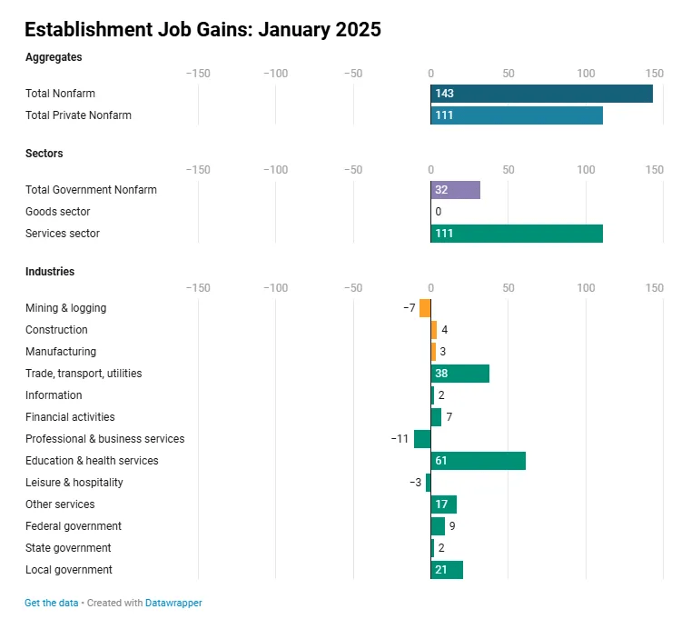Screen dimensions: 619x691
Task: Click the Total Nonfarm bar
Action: pos(541,94)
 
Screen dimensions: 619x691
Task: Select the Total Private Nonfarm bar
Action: pos(517,115)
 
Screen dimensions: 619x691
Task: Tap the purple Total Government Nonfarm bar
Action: pos(455,190)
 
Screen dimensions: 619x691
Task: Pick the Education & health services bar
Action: pos(478,461)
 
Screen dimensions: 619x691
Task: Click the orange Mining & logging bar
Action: pos(425,308)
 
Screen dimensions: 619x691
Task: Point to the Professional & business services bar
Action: pos(422,439)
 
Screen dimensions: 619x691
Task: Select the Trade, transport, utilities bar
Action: pos(459,374)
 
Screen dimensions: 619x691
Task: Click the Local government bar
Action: pos(447,570)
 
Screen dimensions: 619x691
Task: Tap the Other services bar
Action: pos(443,504)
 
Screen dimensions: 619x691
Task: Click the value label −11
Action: pos(400,439)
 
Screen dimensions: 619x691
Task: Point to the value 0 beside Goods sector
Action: pos(438,212)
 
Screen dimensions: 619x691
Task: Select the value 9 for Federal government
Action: pos(452,526)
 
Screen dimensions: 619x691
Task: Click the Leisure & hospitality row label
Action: pos(74,483)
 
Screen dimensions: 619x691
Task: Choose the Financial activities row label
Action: pos(70,417)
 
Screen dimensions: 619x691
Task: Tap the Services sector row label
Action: pos(63,234)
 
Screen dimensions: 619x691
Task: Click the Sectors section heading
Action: pos(44,154)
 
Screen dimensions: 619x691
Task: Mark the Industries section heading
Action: pos(50,272)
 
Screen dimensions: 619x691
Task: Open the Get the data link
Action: pos(51,603)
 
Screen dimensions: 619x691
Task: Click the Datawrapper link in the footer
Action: pos(173,603)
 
